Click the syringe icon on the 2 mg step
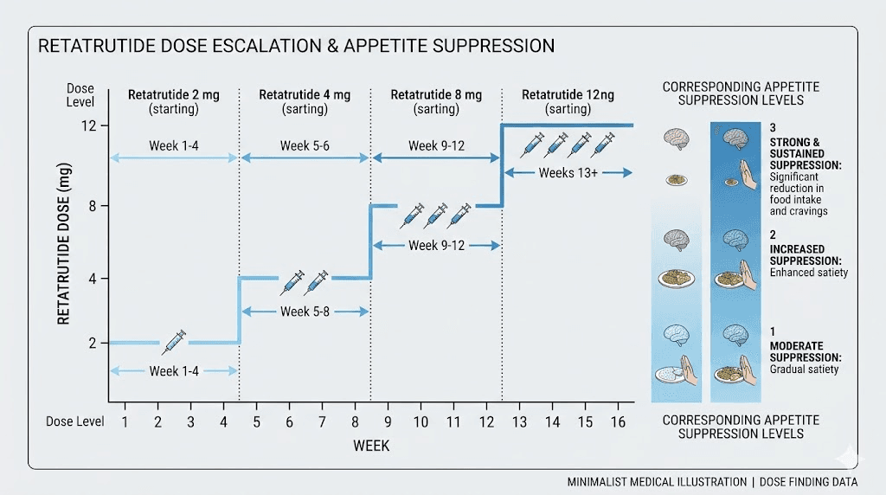click(x=174, y=341)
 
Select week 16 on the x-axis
click(x=617, y=421)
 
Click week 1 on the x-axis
click(x=125, y=421)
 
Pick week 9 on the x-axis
click(x=387, y=421)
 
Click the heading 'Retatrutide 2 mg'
click(x=173, y=95)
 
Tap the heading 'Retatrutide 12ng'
click(x=568, y=95)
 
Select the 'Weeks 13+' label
click(x=568, y=173)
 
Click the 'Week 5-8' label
click(x=305, y=311)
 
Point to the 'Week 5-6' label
click(x=305, y=145)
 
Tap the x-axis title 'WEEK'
click(x=370, y=446)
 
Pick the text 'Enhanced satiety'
click(x=809, y=273)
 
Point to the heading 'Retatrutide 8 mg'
click(x=436, y=95)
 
